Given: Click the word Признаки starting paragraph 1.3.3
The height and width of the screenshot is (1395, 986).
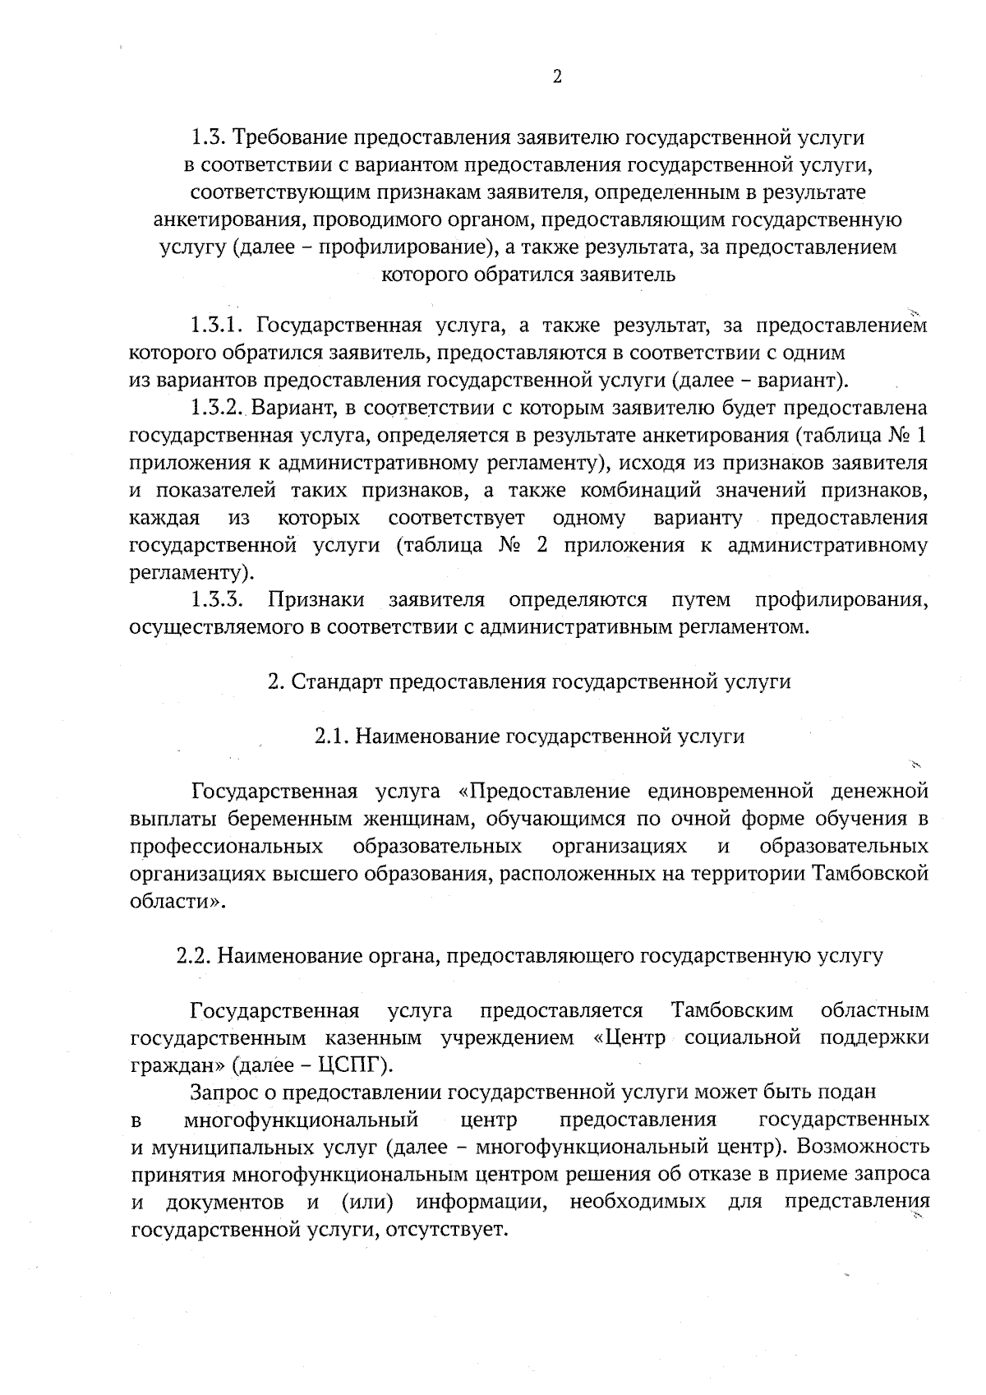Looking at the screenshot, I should (316, 599).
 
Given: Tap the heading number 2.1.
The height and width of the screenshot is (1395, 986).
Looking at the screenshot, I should (333, 737).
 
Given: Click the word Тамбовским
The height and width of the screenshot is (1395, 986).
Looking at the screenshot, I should (732, 1009).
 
